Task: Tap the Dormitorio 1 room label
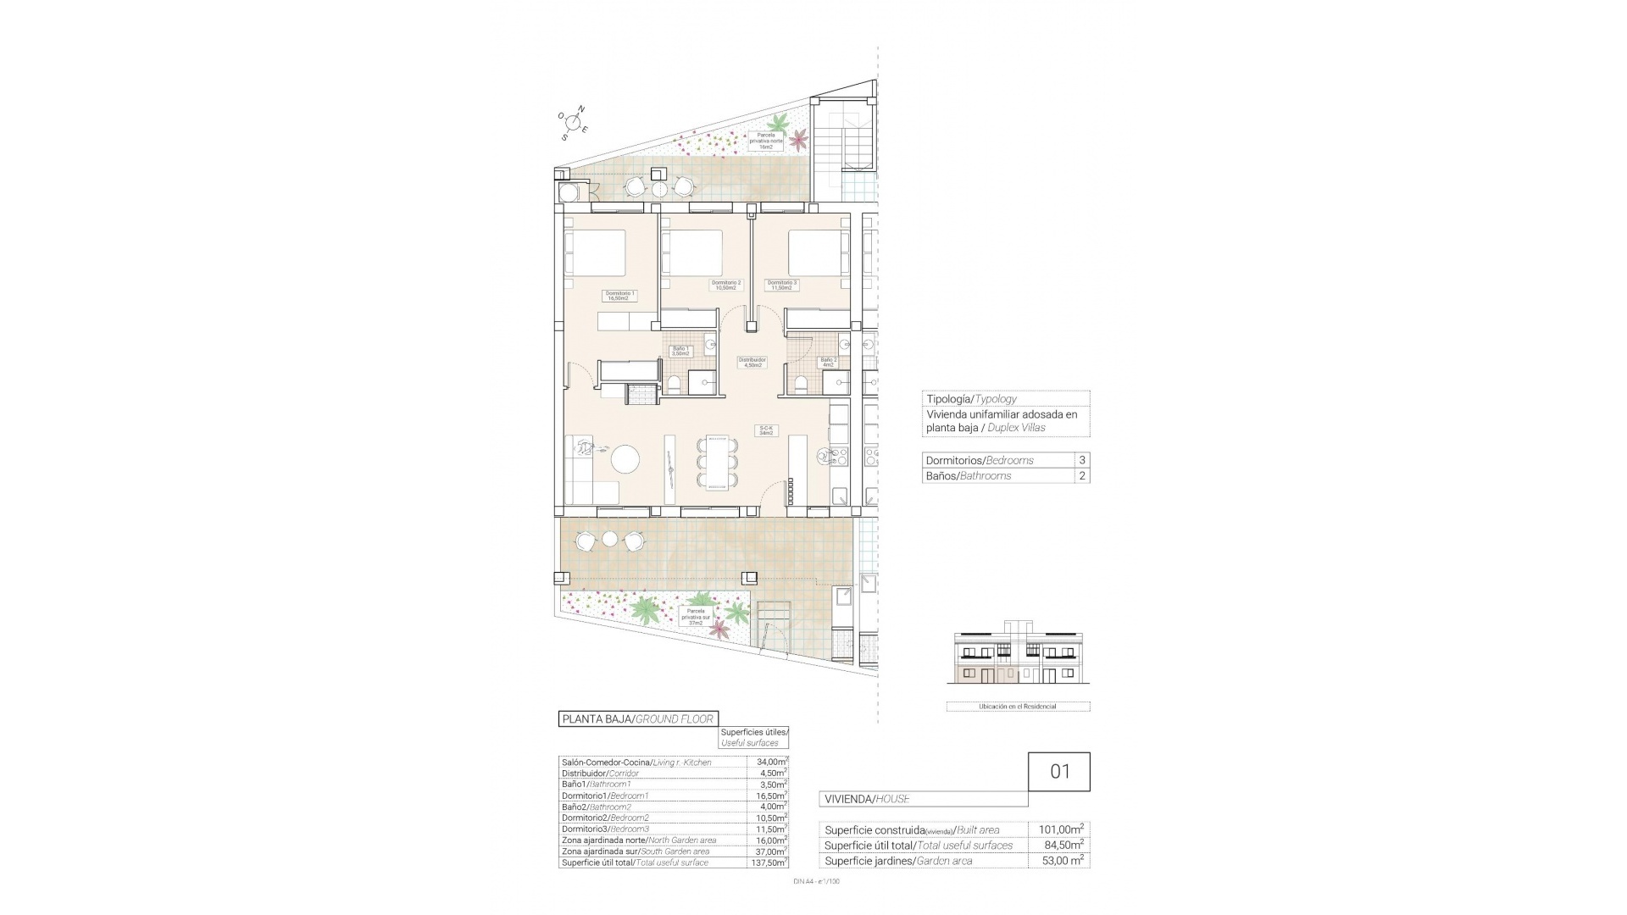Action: pos(619,296)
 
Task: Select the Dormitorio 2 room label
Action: pos(726,285)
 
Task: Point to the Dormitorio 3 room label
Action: pos(781,285)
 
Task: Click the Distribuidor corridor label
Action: pos(752,362)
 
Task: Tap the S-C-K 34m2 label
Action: pos(766,430)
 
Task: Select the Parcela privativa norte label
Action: pos(766,141)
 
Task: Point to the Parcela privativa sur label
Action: pos(697,616)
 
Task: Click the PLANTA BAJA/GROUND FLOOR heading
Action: pos(638,719)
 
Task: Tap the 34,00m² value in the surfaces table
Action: pos(768,762)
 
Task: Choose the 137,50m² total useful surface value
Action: pos(768,862)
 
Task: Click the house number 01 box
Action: pos(1059,772)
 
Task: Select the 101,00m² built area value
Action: pos(1059,829)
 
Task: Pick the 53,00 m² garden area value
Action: pos(1059,861)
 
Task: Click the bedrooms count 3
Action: pos(1081,460)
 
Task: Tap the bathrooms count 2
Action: pos(1081,476)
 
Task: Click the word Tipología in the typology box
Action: pos(948,399)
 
